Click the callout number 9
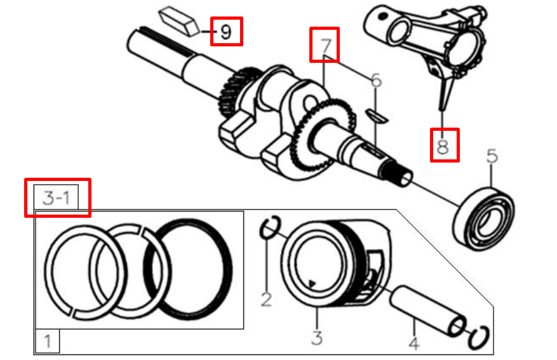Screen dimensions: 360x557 click(225, 31)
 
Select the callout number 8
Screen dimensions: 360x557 click(443, 146)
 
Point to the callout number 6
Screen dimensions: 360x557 click(376, 81)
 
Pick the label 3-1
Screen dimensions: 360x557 click(57, 197)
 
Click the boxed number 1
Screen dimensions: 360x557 click(47, 342)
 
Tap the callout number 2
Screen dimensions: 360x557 click(267, 298)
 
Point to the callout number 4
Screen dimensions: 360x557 click(413, 343)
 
